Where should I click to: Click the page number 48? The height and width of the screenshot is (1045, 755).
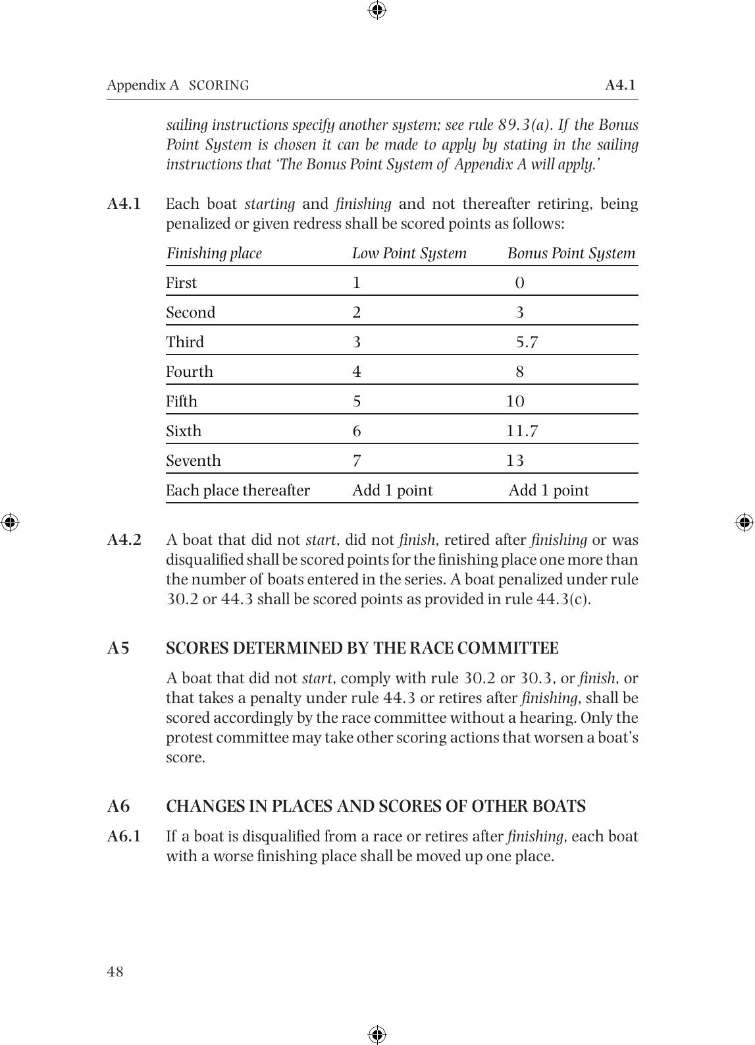click(x=115, y=971)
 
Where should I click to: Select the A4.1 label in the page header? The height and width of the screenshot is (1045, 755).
click(x=620, y=85)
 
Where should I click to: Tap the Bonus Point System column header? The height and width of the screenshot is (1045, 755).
click(x=571, y=254)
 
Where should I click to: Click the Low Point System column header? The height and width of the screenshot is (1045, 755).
click(x=409, y=254)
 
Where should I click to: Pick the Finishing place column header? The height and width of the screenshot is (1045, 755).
click(x=214, y=254)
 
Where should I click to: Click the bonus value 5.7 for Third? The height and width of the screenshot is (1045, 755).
click(x=527, y=342)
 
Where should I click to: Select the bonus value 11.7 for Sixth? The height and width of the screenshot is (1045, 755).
click(x=522, y=431)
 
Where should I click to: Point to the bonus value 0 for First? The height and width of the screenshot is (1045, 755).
click(x=520, y=283)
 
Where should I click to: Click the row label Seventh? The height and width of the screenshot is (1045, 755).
click(x=193, y=461)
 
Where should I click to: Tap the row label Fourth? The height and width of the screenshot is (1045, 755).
click(x=190, y=372)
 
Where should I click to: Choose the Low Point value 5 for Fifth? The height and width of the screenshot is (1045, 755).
click(x=357, y=401)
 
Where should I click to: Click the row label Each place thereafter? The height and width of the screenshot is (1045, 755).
click(x=238, y=490)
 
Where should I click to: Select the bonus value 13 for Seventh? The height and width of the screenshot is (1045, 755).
click(x=515, y=461)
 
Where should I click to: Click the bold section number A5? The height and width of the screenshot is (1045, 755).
click(x=118, y=648)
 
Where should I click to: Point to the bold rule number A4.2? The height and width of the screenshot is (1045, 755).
click(x=124, y=540)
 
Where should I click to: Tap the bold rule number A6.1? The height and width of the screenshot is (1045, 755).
click(x=124, y=837)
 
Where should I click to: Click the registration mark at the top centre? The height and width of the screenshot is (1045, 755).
click(x=377, y=10)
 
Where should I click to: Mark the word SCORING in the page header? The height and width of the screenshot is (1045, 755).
click(x=219, y=86)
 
